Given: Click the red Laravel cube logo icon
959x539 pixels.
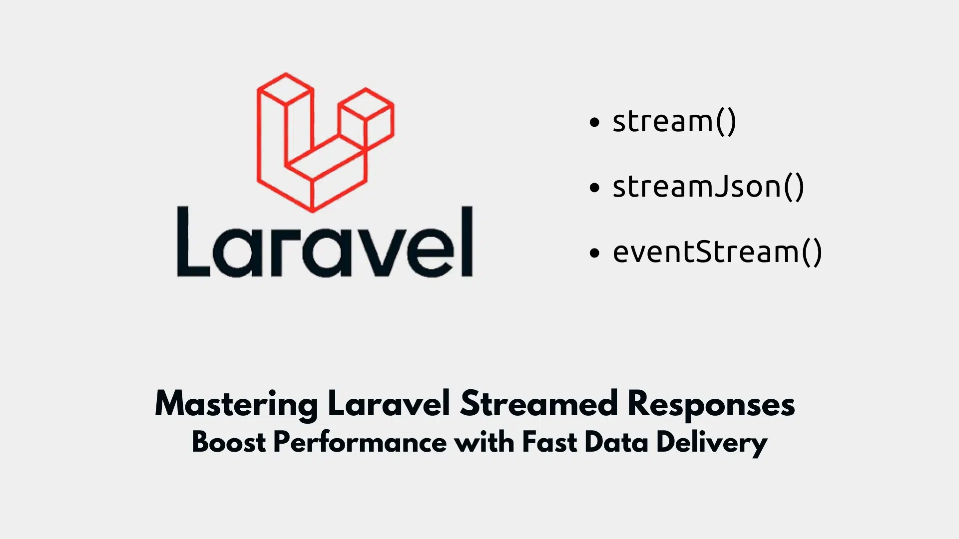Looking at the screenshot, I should point(325,142).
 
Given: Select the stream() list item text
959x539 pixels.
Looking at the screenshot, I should point(674,121).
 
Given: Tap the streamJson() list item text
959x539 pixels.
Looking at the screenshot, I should point(708,187).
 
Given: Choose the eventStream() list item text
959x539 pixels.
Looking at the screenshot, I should point(717,252).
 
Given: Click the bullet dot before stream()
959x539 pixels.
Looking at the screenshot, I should point(594,122).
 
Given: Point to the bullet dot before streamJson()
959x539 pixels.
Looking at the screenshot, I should point(594,188).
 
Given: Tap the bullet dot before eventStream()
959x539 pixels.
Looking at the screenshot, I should point(594,253).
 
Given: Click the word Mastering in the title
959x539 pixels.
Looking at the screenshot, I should point(236,404).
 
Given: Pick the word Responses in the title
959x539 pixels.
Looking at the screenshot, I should point(711,404).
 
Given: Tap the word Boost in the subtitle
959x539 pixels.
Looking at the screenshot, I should point(229,442).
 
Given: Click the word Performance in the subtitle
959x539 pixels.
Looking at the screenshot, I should point(360,442).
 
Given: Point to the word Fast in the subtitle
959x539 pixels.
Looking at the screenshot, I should point(549,442).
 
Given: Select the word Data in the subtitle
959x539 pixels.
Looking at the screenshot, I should point(616,442).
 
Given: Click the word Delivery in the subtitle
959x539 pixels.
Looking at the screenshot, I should point(711,442).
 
